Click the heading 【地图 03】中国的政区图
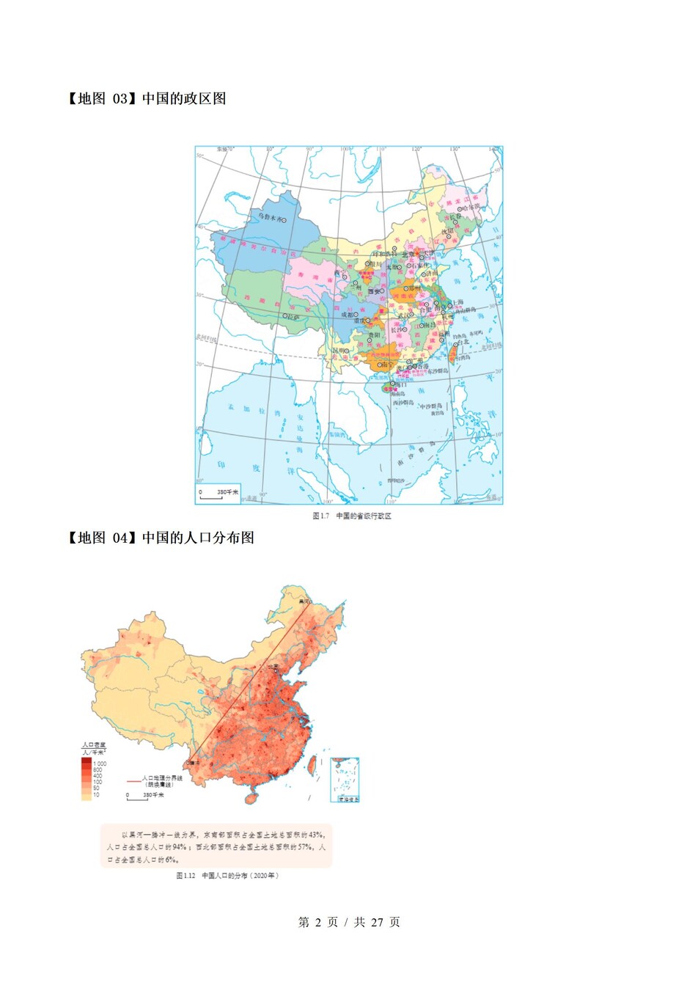(x=147, y=98)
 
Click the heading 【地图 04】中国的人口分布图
(x=161, y=538)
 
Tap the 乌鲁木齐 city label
(x=268, y=218)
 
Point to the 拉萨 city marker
(x=285, y=316)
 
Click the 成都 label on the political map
(x=347, y=315)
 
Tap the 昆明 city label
(x=338, y=351)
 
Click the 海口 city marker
(x=393, y=383)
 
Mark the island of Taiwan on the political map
(x=452, y=353)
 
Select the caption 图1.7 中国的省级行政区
(x=352, y=516)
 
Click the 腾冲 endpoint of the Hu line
(x=194, y=763)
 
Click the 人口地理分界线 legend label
(x=162, y=777)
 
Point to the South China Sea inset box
(x=345, y=780)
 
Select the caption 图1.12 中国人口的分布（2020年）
(x=227, y=875)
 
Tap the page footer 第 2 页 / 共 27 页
(x=349, y=922)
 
